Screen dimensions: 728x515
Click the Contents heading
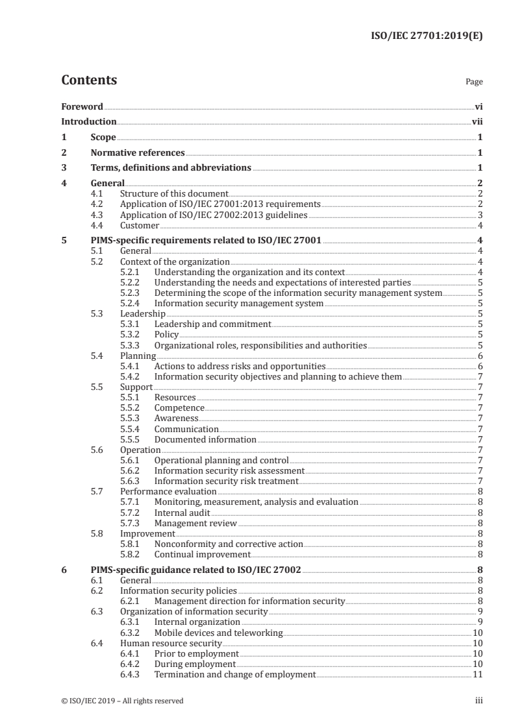pyautogui.click(x=89, y=80)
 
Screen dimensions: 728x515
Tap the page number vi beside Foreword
pyautogui.click(x=478, y=106)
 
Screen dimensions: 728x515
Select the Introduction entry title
pyautogui.click(x=88, y=121)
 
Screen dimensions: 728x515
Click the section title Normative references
pyautogui.click(x=138, y=152)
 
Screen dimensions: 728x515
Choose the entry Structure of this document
pyautogui.click(x=174, y=193)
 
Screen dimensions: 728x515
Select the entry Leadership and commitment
pyautogui.click(x=212, y=324)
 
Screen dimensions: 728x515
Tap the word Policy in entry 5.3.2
pyautogui.click(x=166, y=334)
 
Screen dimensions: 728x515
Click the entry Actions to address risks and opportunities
pyautogui.click(x=240, y=366)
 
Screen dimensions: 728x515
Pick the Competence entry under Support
pyautogui.click(x=179, y=407)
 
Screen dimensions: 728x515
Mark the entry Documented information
pyautogui.click(x=205, y=439)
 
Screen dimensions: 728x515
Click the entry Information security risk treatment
pyautogui.click(x=226, y=481)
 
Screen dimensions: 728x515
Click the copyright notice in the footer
pyautogui.click(x=122, y=701)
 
